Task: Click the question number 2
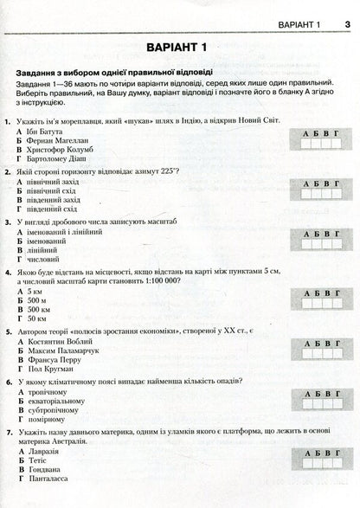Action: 8,174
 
